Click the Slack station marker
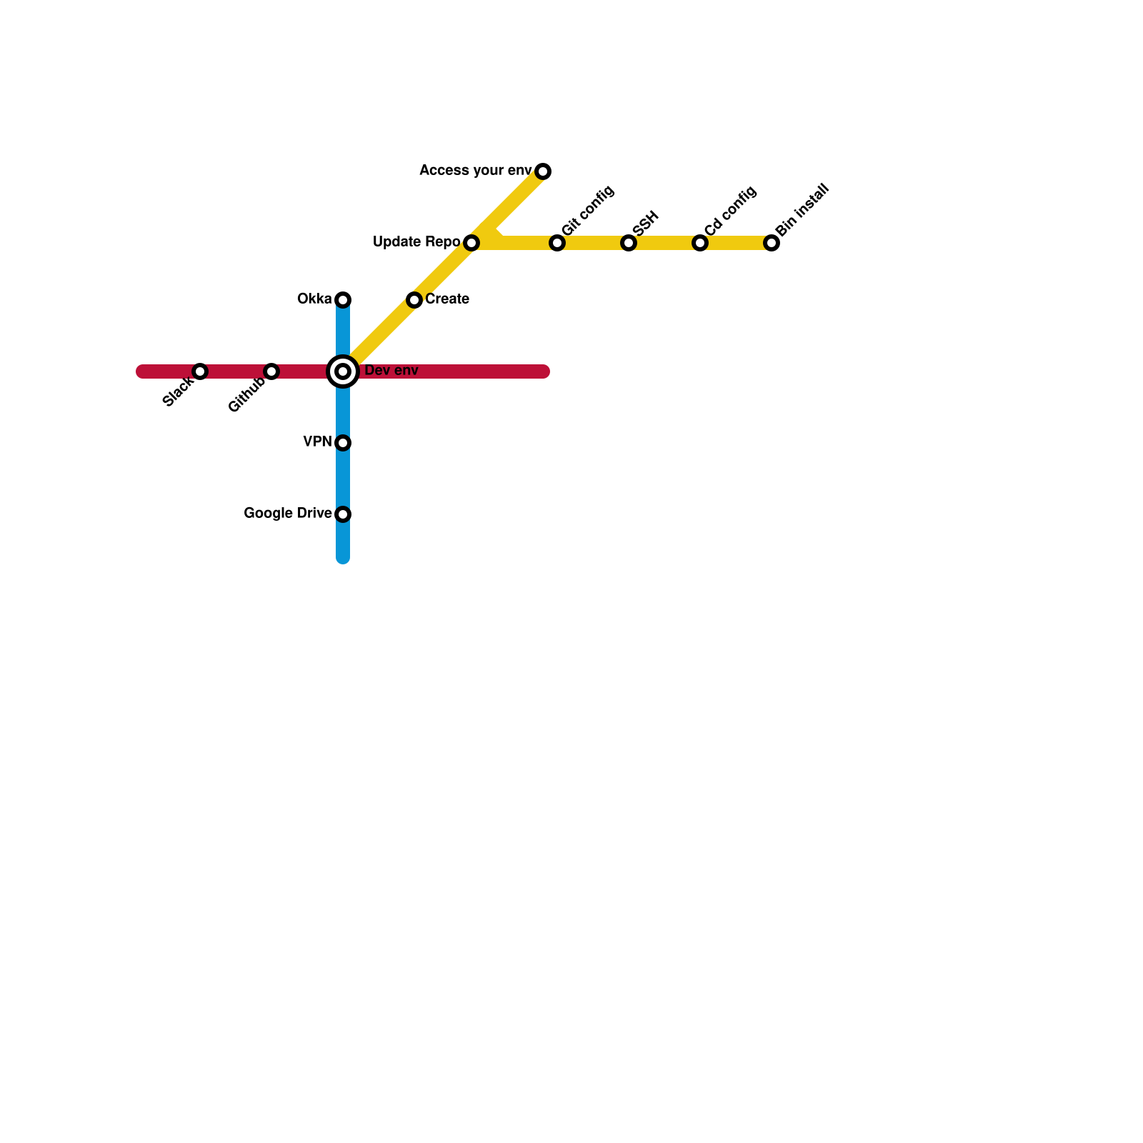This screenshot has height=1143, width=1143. point(200,371)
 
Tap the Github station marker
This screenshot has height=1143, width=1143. point(271,371)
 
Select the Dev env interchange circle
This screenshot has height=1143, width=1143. point(343,371)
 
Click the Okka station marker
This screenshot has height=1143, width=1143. point(343,299)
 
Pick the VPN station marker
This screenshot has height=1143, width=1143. point(343,443)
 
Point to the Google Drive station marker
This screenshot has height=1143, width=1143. point(343,514)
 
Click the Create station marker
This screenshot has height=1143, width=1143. point(414,300)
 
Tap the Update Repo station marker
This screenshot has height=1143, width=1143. point(471,243)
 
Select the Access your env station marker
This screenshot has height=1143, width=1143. point(543,171)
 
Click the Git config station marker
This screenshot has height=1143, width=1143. point(557,243)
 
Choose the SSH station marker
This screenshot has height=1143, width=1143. point(629,243)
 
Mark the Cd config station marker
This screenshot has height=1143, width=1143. point(700,243)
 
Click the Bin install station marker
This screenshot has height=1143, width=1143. point(772,243)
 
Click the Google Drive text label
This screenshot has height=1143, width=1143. point(287,514)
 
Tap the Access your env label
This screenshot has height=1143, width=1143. point(475,171)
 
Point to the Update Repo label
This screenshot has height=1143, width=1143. point(416,242)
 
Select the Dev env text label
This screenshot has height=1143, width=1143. point(391,371)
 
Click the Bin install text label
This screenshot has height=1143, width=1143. point(803,210)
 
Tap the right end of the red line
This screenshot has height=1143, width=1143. point(544,371)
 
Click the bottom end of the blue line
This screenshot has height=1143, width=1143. point(343,559)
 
